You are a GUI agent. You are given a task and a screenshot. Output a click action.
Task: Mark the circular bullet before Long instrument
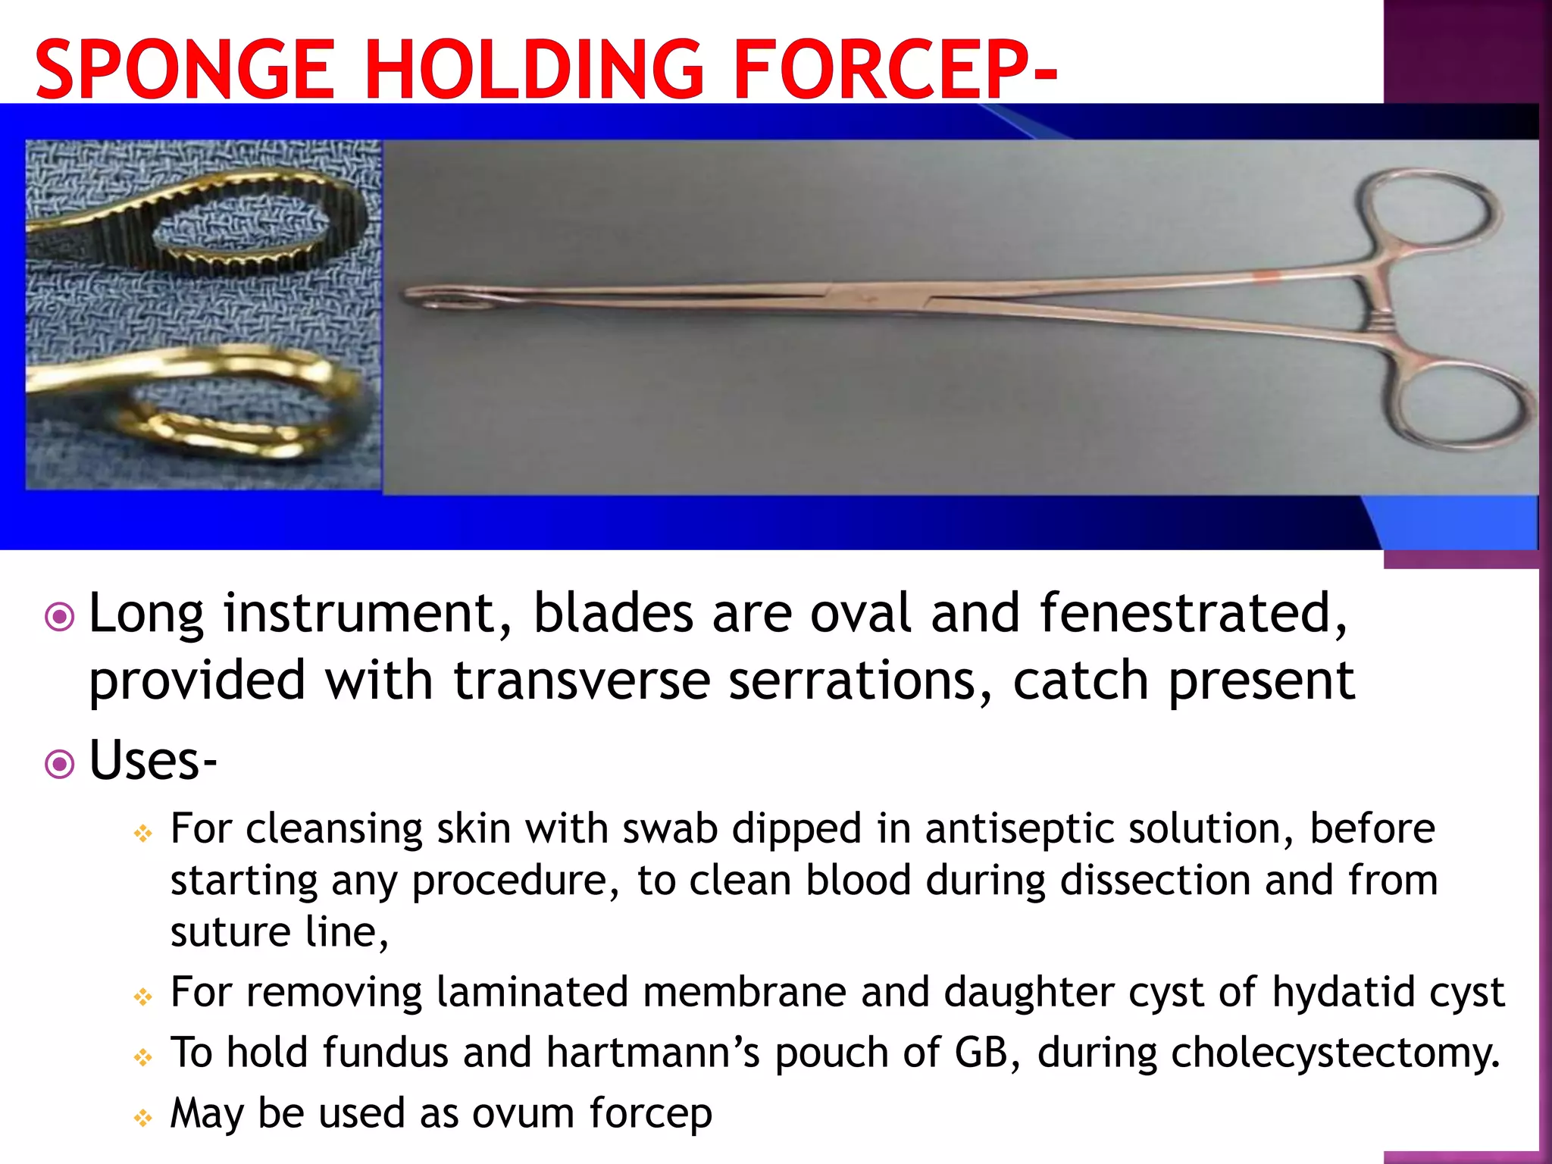pyautogui.click(x=60, y=617)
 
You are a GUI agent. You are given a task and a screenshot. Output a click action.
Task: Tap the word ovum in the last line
pyautogui.click(x=523, y=1114)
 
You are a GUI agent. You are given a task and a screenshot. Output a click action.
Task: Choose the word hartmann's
pyautogui.click(x=652, y=1053)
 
